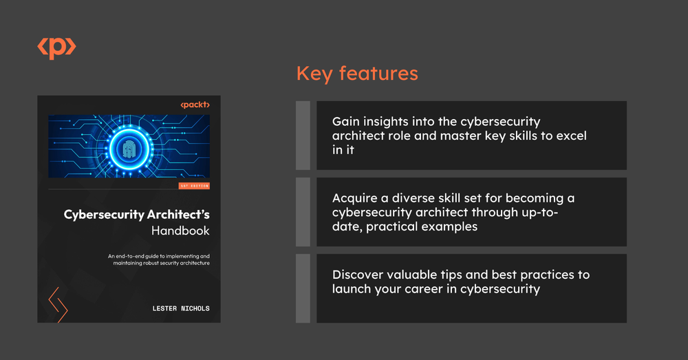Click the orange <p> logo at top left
(56, 47)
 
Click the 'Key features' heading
(356, 73)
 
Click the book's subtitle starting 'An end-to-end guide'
(158, 260)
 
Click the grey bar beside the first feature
(303, 136)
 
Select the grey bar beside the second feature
(303, 212)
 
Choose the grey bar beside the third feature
(303, 288)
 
